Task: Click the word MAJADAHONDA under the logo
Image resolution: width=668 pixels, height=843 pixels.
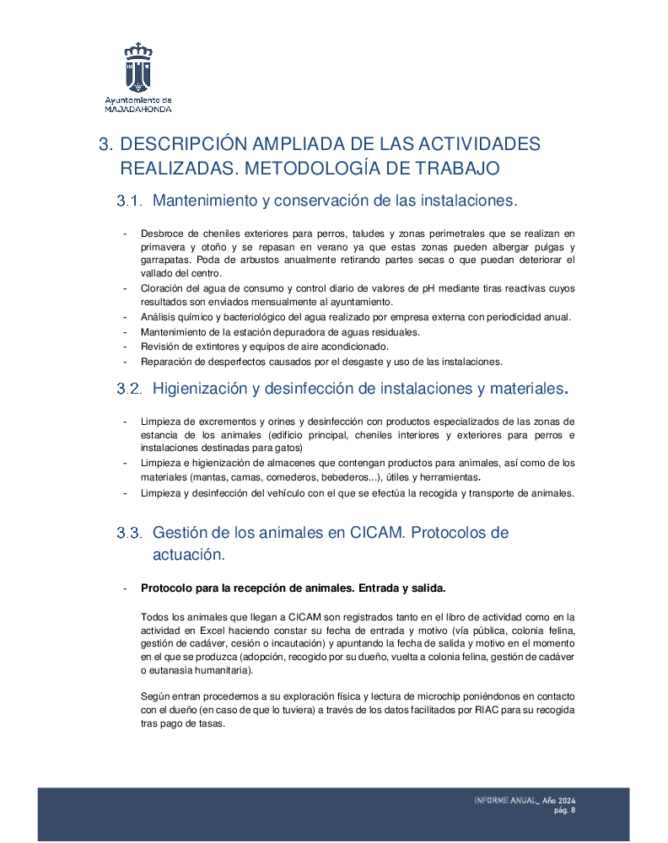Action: (x=138, y=110)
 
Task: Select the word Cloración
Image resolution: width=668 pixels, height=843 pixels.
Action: (x=161, y=288)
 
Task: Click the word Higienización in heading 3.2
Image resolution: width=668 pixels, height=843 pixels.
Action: (x=205, y=389)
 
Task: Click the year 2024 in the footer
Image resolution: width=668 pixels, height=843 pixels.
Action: (x=566, y=799)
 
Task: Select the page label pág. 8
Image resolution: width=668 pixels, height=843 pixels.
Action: (x=564, y=810)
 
